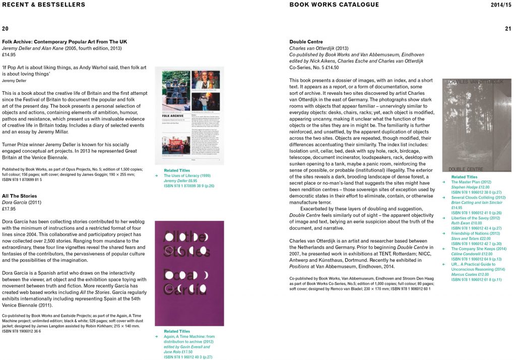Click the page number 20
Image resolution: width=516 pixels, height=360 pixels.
(x=5, y=29)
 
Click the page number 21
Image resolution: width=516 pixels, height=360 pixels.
(x=508, y=29)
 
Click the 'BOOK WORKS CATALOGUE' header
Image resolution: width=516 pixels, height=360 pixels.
(x=334, y=5)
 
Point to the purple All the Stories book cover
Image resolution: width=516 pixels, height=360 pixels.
(x=189, y=273)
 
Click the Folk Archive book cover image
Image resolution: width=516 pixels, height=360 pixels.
(x=189, y=115)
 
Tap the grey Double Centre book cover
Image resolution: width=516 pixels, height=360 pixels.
(x=476, y=125)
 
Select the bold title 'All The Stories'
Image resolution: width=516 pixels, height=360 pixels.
(x=20, y=196)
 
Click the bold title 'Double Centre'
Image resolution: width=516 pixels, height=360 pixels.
(x=306, y=42)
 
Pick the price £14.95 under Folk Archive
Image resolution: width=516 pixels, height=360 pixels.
(x=9, y=54)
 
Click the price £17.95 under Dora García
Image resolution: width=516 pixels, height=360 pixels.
(x=9, y=209)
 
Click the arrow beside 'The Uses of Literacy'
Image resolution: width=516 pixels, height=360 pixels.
(x=157, y=175)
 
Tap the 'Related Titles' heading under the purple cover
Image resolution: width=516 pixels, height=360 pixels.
(x=177, y=331)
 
